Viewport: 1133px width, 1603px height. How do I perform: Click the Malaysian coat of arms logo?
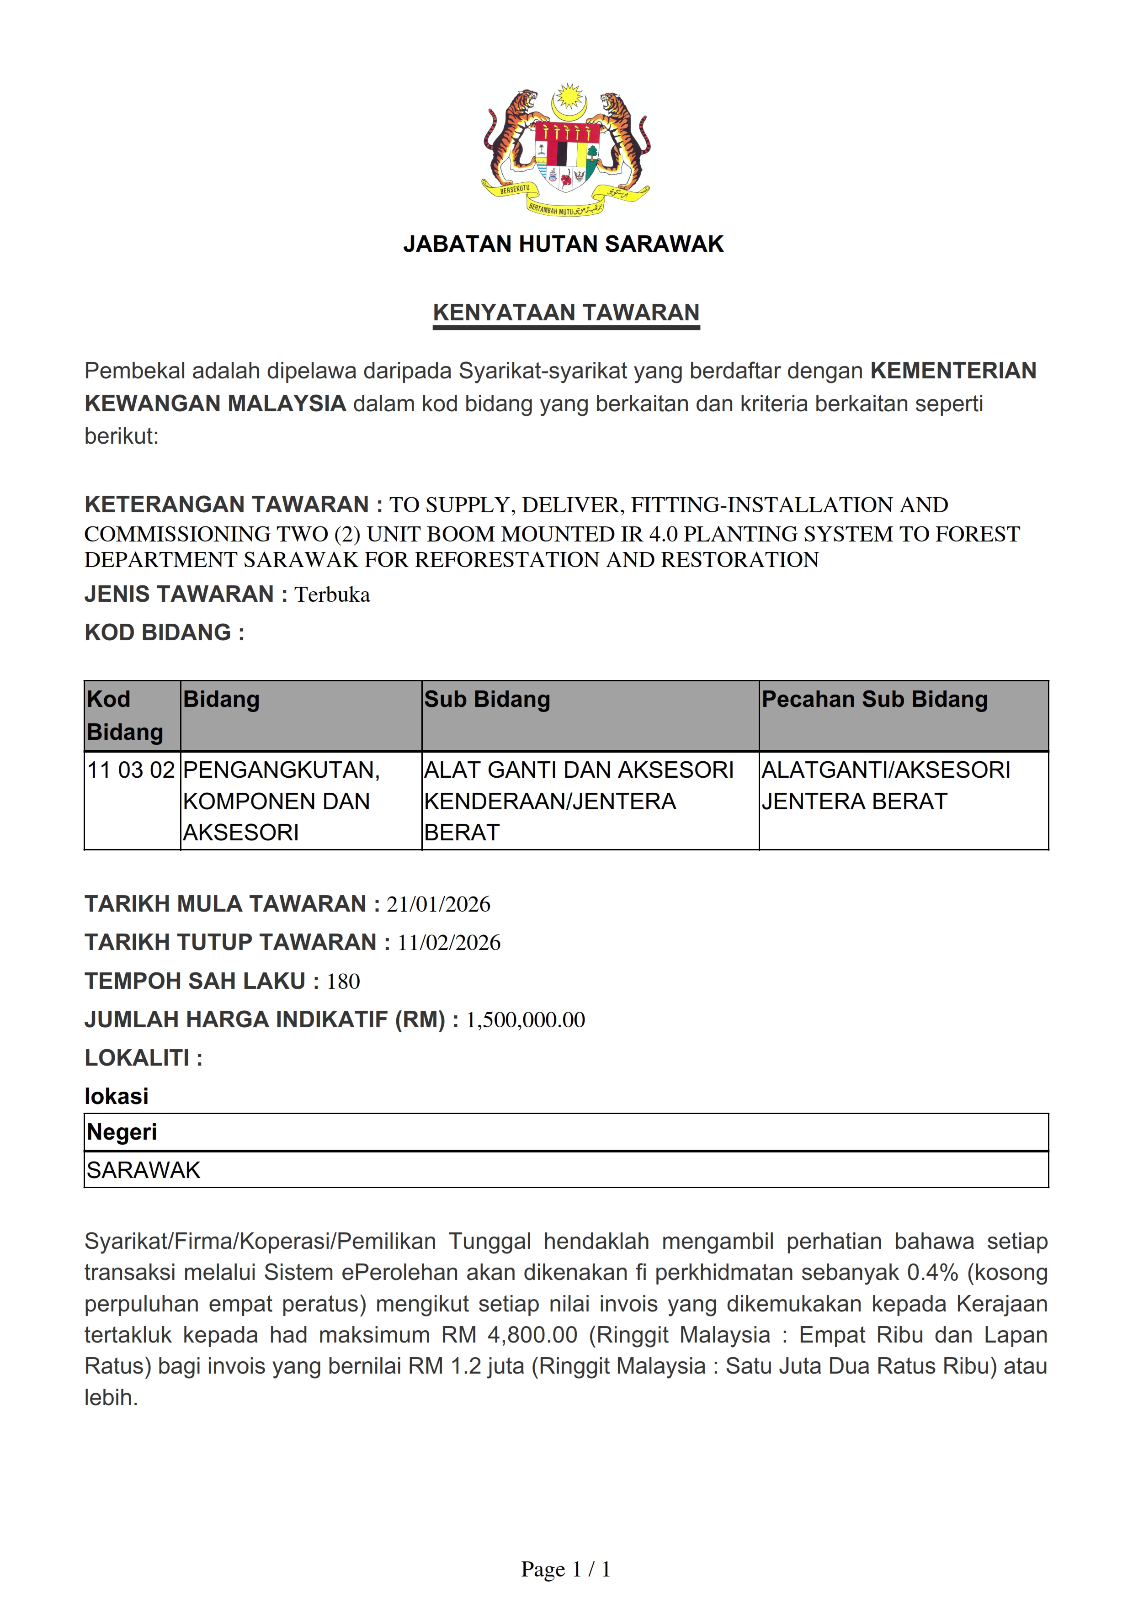(x=566, y=150)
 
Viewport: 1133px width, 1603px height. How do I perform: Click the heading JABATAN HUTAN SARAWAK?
(x=564, y=244)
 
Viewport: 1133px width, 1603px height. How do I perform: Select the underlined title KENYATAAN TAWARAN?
(x=566, y=313)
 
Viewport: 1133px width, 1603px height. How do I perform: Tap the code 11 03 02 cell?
(x=131, y=770)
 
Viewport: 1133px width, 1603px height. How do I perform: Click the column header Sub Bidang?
(x=487, y=700)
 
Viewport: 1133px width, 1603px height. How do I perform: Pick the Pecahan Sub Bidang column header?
(x=875, y=700)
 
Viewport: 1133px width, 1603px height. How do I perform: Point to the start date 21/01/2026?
(x=438, y=904)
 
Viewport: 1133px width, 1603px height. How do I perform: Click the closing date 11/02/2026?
(x=449, y=943)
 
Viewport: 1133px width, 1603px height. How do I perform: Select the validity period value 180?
(x=343, y=982)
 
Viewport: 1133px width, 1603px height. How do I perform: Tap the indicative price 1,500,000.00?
(x=526, y=1020)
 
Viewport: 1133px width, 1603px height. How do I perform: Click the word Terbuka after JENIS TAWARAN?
(x=332, y=595)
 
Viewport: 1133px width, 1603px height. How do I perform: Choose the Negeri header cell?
(x=122, y=1132)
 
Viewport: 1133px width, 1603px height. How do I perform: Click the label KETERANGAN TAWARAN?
(x=227, y=505)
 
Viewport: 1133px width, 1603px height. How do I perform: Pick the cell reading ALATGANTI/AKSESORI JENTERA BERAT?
(x=886, y=786)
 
